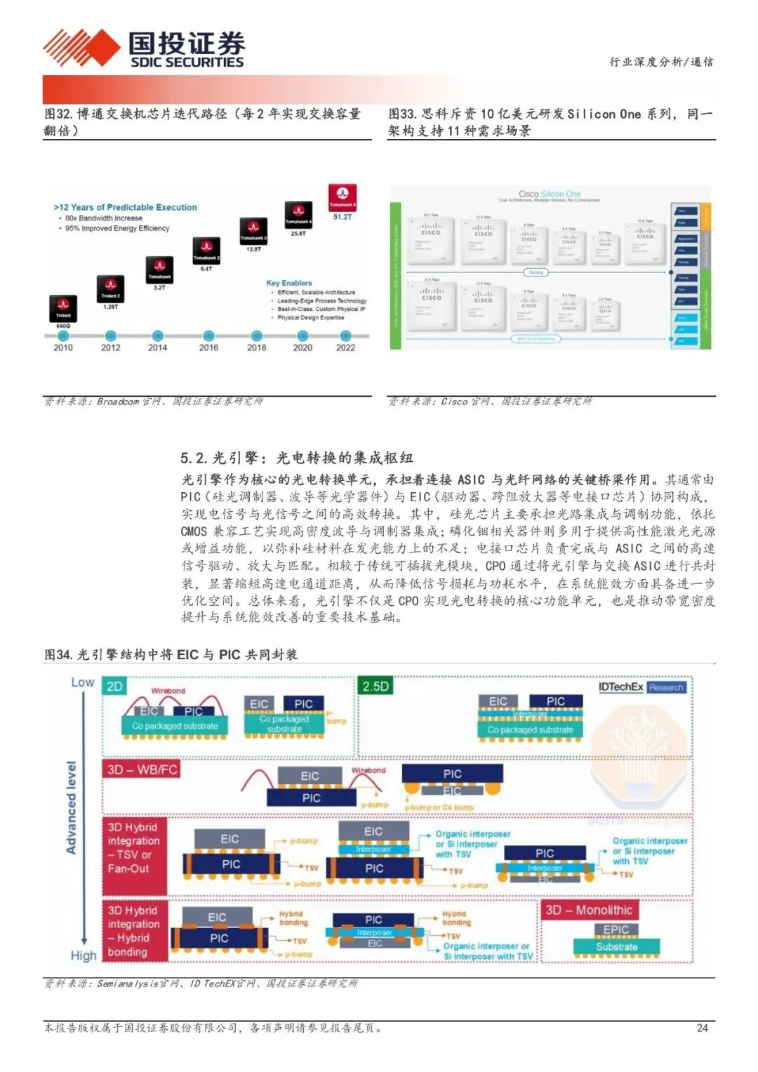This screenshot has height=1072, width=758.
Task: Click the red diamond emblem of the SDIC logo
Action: point(81,48)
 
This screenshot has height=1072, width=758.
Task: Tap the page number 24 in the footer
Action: point(702,1028)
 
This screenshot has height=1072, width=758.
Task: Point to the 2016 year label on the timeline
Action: point(208,348)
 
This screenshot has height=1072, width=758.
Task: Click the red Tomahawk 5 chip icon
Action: point(343,196)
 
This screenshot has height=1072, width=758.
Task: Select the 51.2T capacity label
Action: point(343,217)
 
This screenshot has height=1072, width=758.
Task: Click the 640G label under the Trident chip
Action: point(63,326)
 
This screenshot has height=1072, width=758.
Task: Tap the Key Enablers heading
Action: point(289,283)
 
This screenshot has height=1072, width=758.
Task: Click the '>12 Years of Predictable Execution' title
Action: point(126,207)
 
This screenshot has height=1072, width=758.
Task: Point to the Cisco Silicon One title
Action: point(549,194)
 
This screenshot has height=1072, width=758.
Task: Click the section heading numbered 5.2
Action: point(296,458)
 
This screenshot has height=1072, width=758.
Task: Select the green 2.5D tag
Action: point(375,686)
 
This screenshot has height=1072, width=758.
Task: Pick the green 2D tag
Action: point(114,686)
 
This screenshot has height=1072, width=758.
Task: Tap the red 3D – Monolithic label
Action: point(589,910)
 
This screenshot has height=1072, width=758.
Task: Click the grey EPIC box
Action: point(616,929)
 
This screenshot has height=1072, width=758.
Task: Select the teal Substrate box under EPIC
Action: point(616,946)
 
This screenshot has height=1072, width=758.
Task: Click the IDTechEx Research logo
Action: point(641,687)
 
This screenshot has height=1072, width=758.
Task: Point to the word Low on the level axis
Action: point(82,682)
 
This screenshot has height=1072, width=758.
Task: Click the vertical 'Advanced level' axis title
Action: point(71,807)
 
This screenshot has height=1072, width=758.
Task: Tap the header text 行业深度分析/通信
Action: point(660,62)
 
